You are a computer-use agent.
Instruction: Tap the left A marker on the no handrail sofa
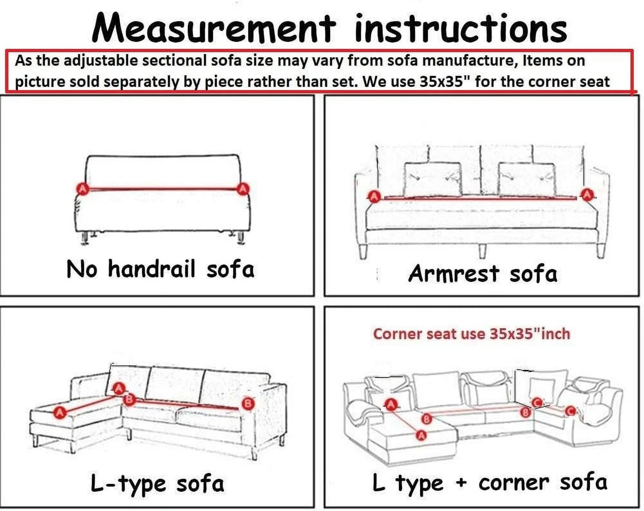[83, 189]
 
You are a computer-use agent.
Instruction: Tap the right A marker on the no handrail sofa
[243, 189]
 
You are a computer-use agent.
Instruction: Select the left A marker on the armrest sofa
[374, 196]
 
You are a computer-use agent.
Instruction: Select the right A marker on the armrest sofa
[587, 195]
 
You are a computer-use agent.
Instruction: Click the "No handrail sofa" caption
[161, 269]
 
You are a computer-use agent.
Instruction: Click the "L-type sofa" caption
[157, 484]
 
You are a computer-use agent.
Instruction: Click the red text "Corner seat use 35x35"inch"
[472, 334]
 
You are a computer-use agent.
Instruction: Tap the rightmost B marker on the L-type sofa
[248, 404]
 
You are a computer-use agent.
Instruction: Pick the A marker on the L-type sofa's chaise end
[60, 412]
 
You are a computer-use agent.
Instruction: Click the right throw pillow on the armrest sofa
[527, 179]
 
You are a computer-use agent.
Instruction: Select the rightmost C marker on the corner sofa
[570, 411]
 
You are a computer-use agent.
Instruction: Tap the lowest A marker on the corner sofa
[421, 436]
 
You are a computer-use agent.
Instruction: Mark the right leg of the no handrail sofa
[241, 238]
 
